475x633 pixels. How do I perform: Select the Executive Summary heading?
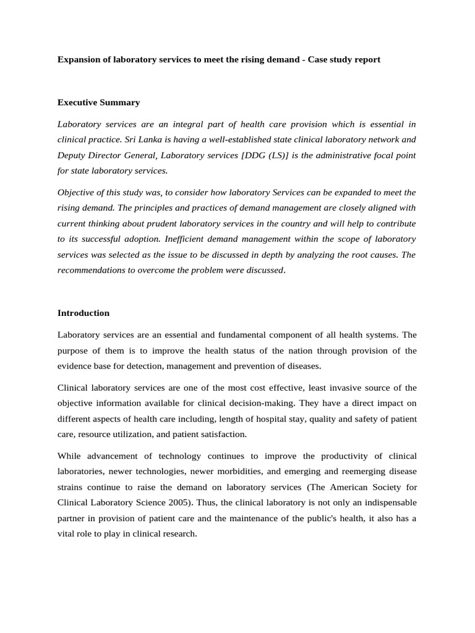[x=98, y=103]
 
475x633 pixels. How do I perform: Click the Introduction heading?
[x=83, y=313]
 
